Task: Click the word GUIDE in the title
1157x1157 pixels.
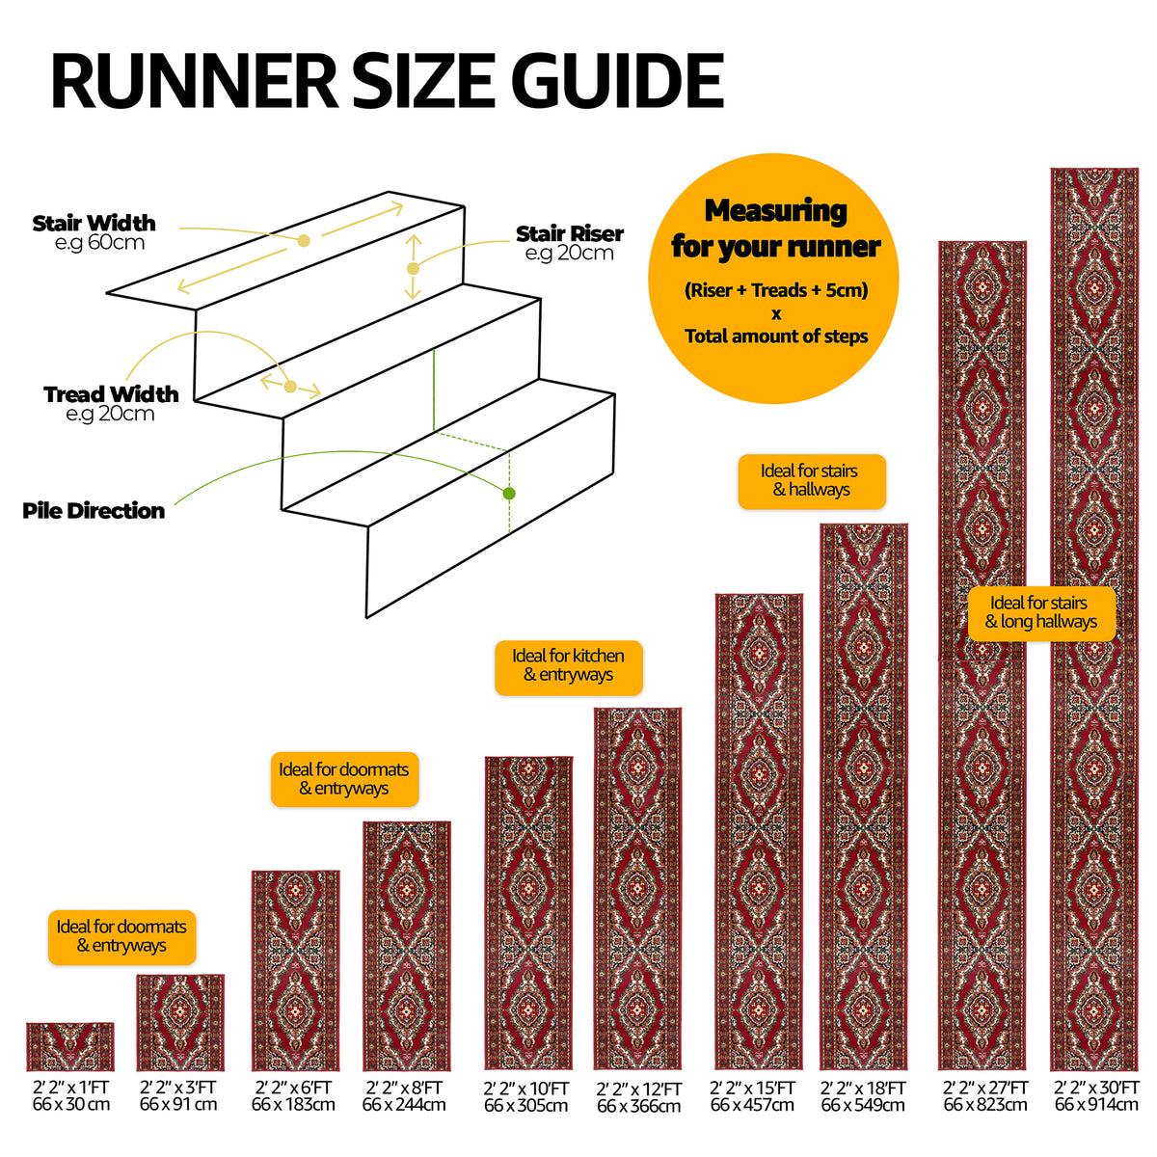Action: point(618,80)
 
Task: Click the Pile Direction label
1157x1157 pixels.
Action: point(94,511)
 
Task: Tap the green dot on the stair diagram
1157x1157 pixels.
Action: point(509,494)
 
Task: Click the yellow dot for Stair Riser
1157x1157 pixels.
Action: point(413,268)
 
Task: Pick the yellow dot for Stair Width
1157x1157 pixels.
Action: point(304,241)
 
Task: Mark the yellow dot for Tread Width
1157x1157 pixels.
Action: point(290,386)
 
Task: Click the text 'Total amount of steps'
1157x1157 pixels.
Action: point(776,336)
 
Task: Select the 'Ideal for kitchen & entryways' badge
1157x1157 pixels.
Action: point(569,667)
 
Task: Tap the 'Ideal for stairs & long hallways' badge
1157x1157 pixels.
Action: point(1041,613)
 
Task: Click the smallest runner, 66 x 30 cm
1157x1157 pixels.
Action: point(70,1046)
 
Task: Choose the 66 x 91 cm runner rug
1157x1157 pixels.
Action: point(180,1023)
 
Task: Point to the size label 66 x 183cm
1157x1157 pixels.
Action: point(294,1104)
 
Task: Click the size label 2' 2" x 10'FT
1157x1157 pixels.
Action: point(526,1088)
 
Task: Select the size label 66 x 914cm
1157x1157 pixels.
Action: point(1096,1104)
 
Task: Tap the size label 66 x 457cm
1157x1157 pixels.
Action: point(752,1104)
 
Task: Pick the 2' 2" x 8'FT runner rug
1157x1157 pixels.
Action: point(407,946)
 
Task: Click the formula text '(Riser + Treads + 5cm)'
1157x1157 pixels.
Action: point(776,290)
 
